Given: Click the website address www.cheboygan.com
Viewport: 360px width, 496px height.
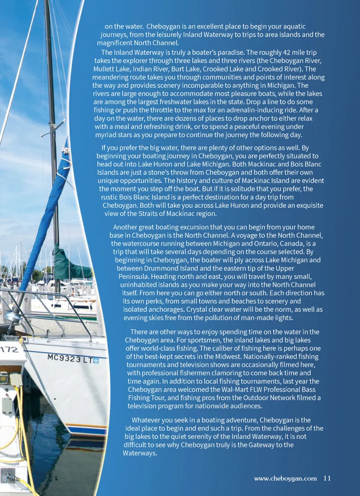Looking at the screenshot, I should coord(285,478).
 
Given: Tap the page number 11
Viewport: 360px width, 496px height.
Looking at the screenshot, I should coord(327,478).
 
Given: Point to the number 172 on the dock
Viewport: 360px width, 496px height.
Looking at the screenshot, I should coord(9,350).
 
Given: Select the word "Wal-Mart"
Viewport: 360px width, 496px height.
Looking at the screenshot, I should coord(235,390).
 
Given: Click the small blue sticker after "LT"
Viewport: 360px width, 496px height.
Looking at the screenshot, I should coord(96,360).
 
